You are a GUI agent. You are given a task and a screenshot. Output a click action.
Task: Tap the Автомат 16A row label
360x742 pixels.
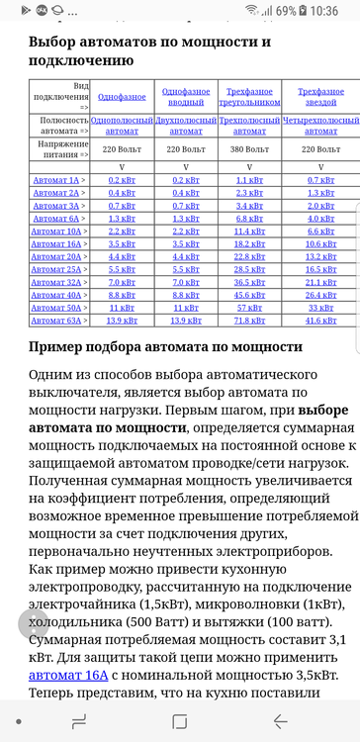[57, 243]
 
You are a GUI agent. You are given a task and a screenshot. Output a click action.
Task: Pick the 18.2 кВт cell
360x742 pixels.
[249, 243]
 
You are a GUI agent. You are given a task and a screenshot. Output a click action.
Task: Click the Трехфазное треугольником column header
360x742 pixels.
[249, 97]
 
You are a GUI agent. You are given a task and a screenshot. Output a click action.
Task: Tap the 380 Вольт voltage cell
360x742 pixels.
[249, 149]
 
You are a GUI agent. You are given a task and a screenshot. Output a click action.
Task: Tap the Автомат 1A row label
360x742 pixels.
[56, 179]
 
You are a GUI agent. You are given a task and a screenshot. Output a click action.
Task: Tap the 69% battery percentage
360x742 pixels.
[286, 11]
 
